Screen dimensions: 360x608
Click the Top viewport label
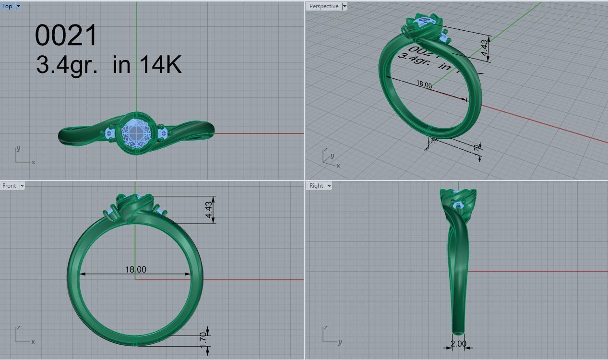(7, 6)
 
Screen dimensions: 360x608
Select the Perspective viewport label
(323, 6)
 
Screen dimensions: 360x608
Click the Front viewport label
(9, 186)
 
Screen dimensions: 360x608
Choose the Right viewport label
(316, 186)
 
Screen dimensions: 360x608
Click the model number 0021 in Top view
(66, 36)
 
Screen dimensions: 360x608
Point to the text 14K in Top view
(161, 64)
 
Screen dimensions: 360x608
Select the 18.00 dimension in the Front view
(135, 270)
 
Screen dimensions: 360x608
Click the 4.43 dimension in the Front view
(209, 210)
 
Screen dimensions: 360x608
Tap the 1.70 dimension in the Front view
(203, 338)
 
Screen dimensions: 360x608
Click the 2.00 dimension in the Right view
(458, 344)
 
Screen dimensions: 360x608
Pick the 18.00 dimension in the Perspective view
(424, 84)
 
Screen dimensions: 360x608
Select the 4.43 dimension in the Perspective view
(484, 47)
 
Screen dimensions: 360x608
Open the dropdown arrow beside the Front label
(22, 186)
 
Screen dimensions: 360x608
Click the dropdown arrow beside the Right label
(329, 186)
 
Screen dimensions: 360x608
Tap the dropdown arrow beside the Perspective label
(344, 6)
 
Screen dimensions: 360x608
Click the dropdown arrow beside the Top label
(18, 6)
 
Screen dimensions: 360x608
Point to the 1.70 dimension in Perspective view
(476, 149)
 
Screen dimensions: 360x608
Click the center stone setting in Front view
(134, 206)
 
